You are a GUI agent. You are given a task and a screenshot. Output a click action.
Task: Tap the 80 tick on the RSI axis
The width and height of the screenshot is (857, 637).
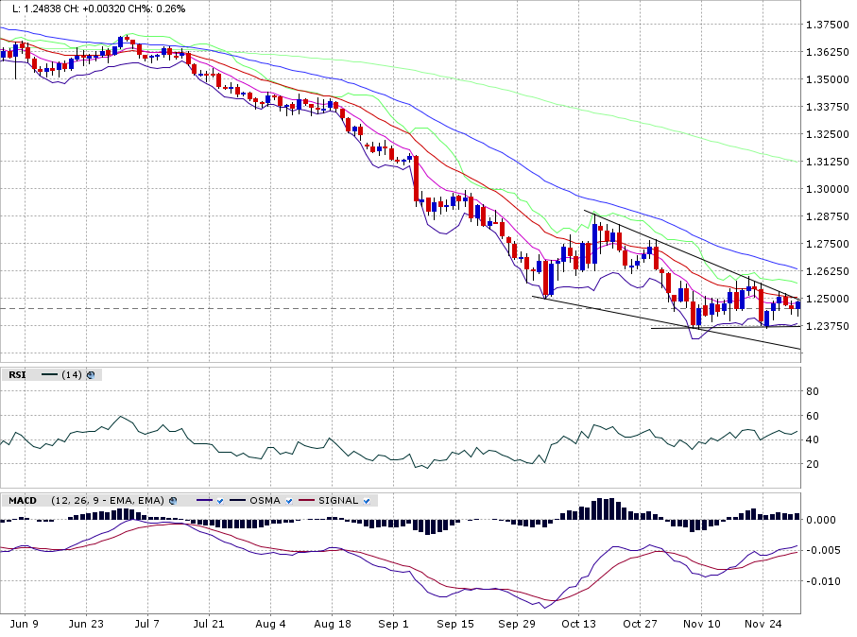pos(813,391)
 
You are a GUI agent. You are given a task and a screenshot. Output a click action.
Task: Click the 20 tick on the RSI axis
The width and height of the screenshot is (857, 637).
pos(813,464)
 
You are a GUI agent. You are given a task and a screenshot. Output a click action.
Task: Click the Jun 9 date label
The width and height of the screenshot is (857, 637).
pos(24,624)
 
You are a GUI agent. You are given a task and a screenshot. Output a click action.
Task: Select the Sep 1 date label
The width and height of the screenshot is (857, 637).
pos(393,624)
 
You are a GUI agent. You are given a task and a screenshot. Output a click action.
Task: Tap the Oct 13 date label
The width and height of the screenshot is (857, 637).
pos(578,624)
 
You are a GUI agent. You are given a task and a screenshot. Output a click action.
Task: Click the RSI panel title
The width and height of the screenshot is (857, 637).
pos(17,375)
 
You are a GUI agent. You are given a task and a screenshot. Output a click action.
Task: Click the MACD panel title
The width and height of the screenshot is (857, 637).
pos(23,500)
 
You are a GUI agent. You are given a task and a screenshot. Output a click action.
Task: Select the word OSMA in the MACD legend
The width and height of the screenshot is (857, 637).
pos(264,500)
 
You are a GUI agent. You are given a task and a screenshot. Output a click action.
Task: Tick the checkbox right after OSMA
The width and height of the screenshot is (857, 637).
pos(289,500)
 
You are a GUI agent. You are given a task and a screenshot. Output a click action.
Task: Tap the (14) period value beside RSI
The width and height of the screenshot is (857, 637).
pos(71,375)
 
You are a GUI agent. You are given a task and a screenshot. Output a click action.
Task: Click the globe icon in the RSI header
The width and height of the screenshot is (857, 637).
pos(91,375)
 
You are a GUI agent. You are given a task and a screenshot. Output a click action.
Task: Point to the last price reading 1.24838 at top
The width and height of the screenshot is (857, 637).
pos(48,9)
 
